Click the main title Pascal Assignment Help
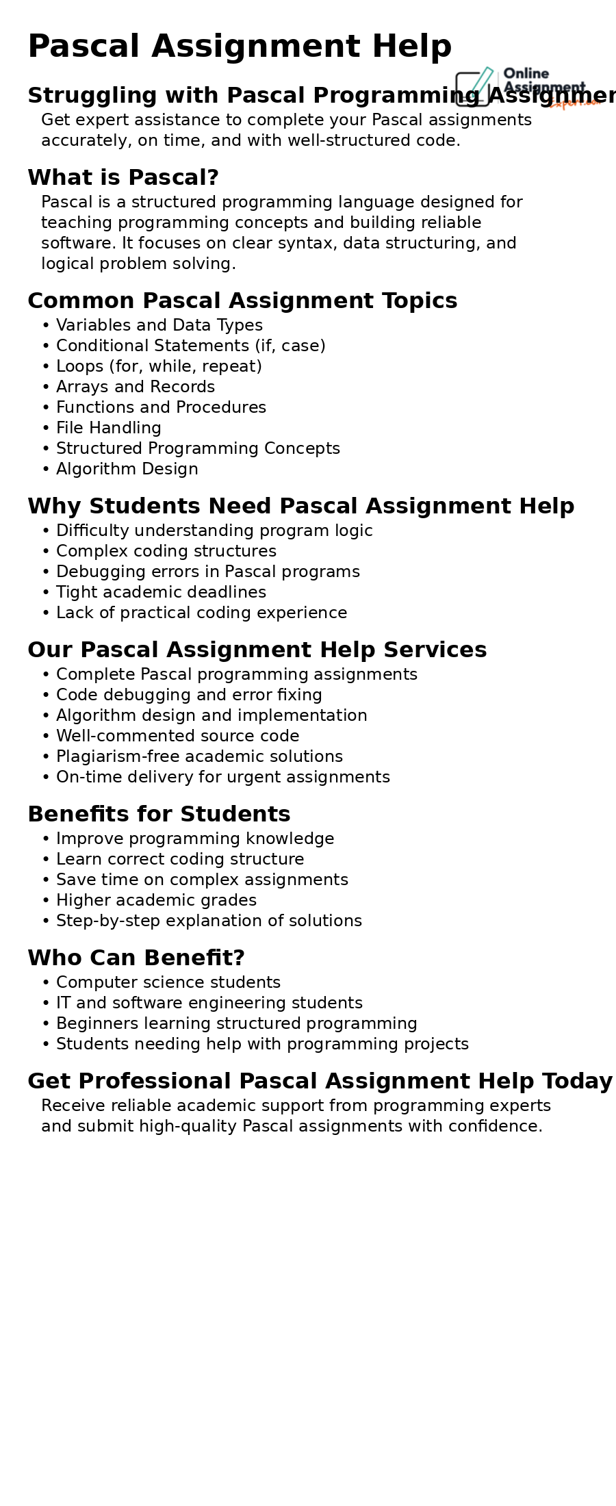(x=240, y=47)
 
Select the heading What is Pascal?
(x=123, y=178)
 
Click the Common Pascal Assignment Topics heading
(x=242, y=301)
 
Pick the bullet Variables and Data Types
(x=159, y=326)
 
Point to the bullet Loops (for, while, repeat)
(x=159, y=367)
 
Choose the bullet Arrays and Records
(x=136, y=387)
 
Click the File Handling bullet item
(x=109, y=429)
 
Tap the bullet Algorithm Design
(x=127, y=470)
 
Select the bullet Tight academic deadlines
(x=161, y=593)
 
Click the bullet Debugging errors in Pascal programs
(x=208, y=572)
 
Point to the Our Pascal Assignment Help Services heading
(x=257, y=650)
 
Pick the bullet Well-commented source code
(x=178, y=737)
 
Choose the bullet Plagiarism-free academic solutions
(x=199, y=757)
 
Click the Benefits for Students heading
(x=159, y=815)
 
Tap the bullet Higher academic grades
(x=156, y=901)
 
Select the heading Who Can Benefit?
(x=136, y=958)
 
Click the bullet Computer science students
(x=168, y=983)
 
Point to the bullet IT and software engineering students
(x=209, y=1004)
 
